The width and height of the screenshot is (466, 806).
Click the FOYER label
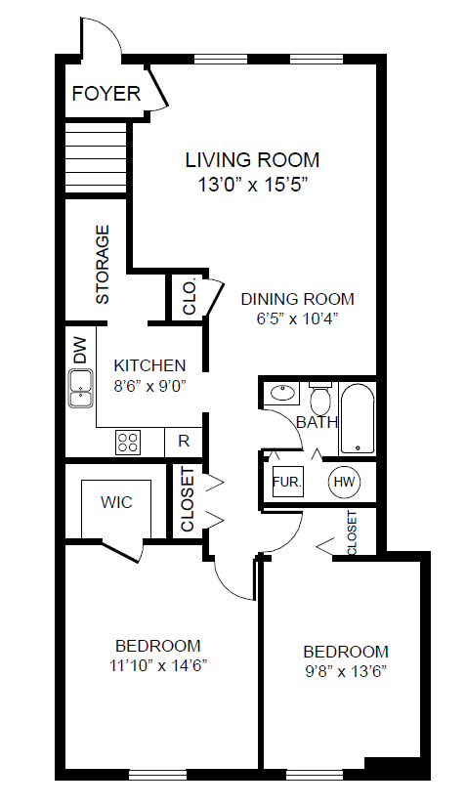[x=106, y=94]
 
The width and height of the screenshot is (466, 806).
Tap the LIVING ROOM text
[x=252, y=160]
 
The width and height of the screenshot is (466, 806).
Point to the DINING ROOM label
[x=298, y=299]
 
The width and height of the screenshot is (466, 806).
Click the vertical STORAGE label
[x=103, y=264]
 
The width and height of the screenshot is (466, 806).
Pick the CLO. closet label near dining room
[x=190, y=297]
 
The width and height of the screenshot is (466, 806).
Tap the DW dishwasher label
[x=80, y=352]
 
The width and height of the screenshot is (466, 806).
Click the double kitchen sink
[x=81, y=389]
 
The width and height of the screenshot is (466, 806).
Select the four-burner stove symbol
[x=127, y=442]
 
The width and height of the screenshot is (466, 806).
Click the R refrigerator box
[x=184, y=442]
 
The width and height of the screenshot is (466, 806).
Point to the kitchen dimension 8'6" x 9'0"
[x=149, y=386]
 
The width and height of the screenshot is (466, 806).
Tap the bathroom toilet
[x=321, y=399]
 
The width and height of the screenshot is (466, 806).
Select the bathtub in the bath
[x=358, y=418]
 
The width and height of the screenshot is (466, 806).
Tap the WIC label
[x=116, y=502]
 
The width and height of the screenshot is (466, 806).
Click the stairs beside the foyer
[x=96, y=158]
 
